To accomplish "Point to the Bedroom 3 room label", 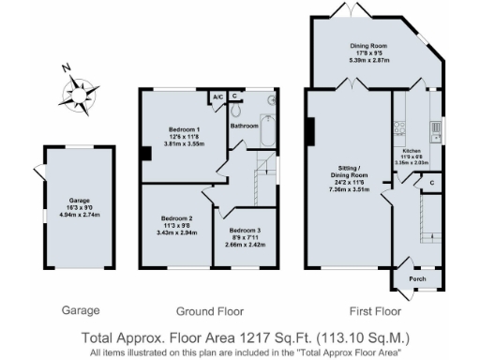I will (x=243, y=230).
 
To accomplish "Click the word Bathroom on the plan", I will (x=245, y=125).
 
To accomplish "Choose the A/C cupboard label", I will (x=217, y=96).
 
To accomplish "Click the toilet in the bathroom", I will (x=273, y=99).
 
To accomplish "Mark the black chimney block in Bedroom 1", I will (x=144, y=155).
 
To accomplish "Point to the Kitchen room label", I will (x=412, y=150).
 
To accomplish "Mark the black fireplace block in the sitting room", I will (x=308, y=131).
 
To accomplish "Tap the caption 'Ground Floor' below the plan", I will (x=210, y=310).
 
